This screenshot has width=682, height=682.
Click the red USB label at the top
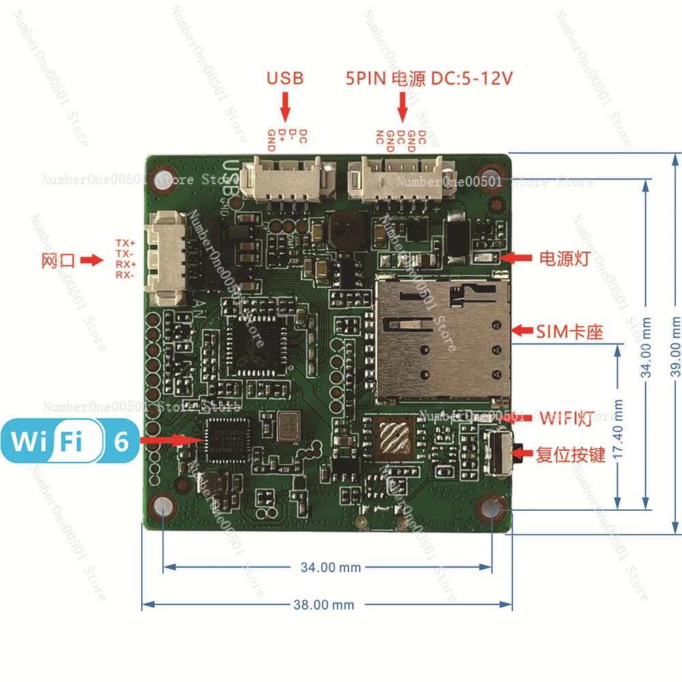[285, 78]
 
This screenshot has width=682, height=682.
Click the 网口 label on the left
[57, 261]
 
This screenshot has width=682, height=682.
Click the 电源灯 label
[563, 258]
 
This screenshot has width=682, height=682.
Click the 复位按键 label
[570, 454]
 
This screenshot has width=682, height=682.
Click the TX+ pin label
[125, 243]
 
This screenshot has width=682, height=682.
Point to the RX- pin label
[125, 275]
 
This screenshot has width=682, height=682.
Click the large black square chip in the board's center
[254, 346]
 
